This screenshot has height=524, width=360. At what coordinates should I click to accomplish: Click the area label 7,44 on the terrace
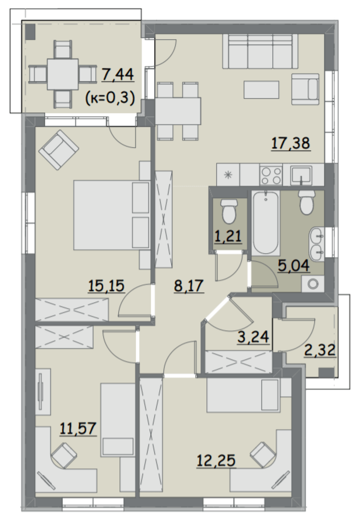(x=118, y=74)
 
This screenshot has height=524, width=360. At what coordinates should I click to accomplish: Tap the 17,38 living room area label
(x=291, y=143)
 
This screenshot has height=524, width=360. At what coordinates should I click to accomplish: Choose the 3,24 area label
(x=253, y=337)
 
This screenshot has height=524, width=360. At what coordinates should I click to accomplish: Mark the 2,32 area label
(x=320, y=350)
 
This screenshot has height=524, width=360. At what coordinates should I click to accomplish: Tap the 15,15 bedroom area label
(x=106, y=286)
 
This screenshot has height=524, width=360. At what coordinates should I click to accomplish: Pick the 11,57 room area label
(x=78, y=428)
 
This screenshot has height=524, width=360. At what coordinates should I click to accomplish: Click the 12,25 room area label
(x=216, y=461)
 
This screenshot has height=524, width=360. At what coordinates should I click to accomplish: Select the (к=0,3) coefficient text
(x=110, y=98)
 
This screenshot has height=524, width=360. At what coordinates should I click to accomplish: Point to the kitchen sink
(x=301, y=175)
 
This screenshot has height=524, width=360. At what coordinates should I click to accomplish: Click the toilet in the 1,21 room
(x=229, y=211)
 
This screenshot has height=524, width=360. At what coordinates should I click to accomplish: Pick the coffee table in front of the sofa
(x=261, y=89)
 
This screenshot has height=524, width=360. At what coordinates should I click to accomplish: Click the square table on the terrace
(x=63, y=74)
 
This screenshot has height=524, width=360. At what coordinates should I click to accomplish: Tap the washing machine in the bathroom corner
(x=313, y=284)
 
